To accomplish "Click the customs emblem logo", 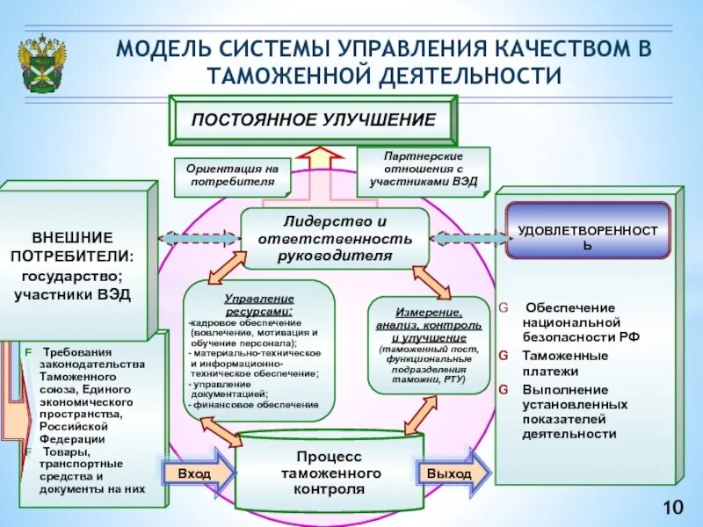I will coord(39,61).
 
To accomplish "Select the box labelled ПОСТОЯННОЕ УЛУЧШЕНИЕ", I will coord(315,119).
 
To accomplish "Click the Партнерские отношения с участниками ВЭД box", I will coord(424,171).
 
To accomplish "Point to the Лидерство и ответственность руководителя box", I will coord(335,238).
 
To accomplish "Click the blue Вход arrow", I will coord(196,473).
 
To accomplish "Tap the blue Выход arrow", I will coord(451,473).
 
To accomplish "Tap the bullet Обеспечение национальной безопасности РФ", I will coord(580,321).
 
